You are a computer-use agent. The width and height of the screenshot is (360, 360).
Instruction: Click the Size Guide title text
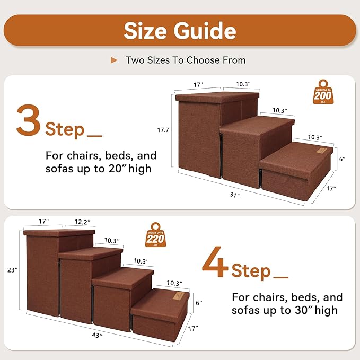pyautogui.click(x=179, y=30)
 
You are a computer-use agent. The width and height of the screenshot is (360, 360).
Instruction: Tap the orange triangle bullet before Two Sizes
pyautogui.click(x=114, y=60)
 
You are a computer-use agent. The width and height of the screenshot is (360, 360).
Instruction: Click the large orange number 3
pyautogui.click(x=29, y=120)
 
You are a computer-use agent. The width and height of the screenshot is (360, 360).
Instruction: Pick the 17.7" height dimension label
pyautogui.click(x=164, y=129)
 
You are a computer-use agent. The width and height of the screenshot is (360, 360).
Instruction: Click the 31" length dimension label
pyautogui.click(x=234, y=195)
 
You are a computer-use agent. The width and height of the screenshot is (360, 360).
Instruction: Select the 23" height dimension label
pyautogui.click(x=12, y=270)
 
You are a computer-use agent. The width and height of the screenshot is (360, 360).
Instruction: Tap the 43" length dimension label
pyautogui.click(x=97, y=336)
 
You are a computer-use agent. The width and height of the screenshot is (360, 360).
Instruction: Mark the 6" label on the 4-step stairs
pyautogui.click(x=198, y=303)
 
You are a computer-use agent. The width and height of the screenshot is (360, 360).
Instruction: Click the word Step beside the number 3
pyautogui.click(x=65, y=129)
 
